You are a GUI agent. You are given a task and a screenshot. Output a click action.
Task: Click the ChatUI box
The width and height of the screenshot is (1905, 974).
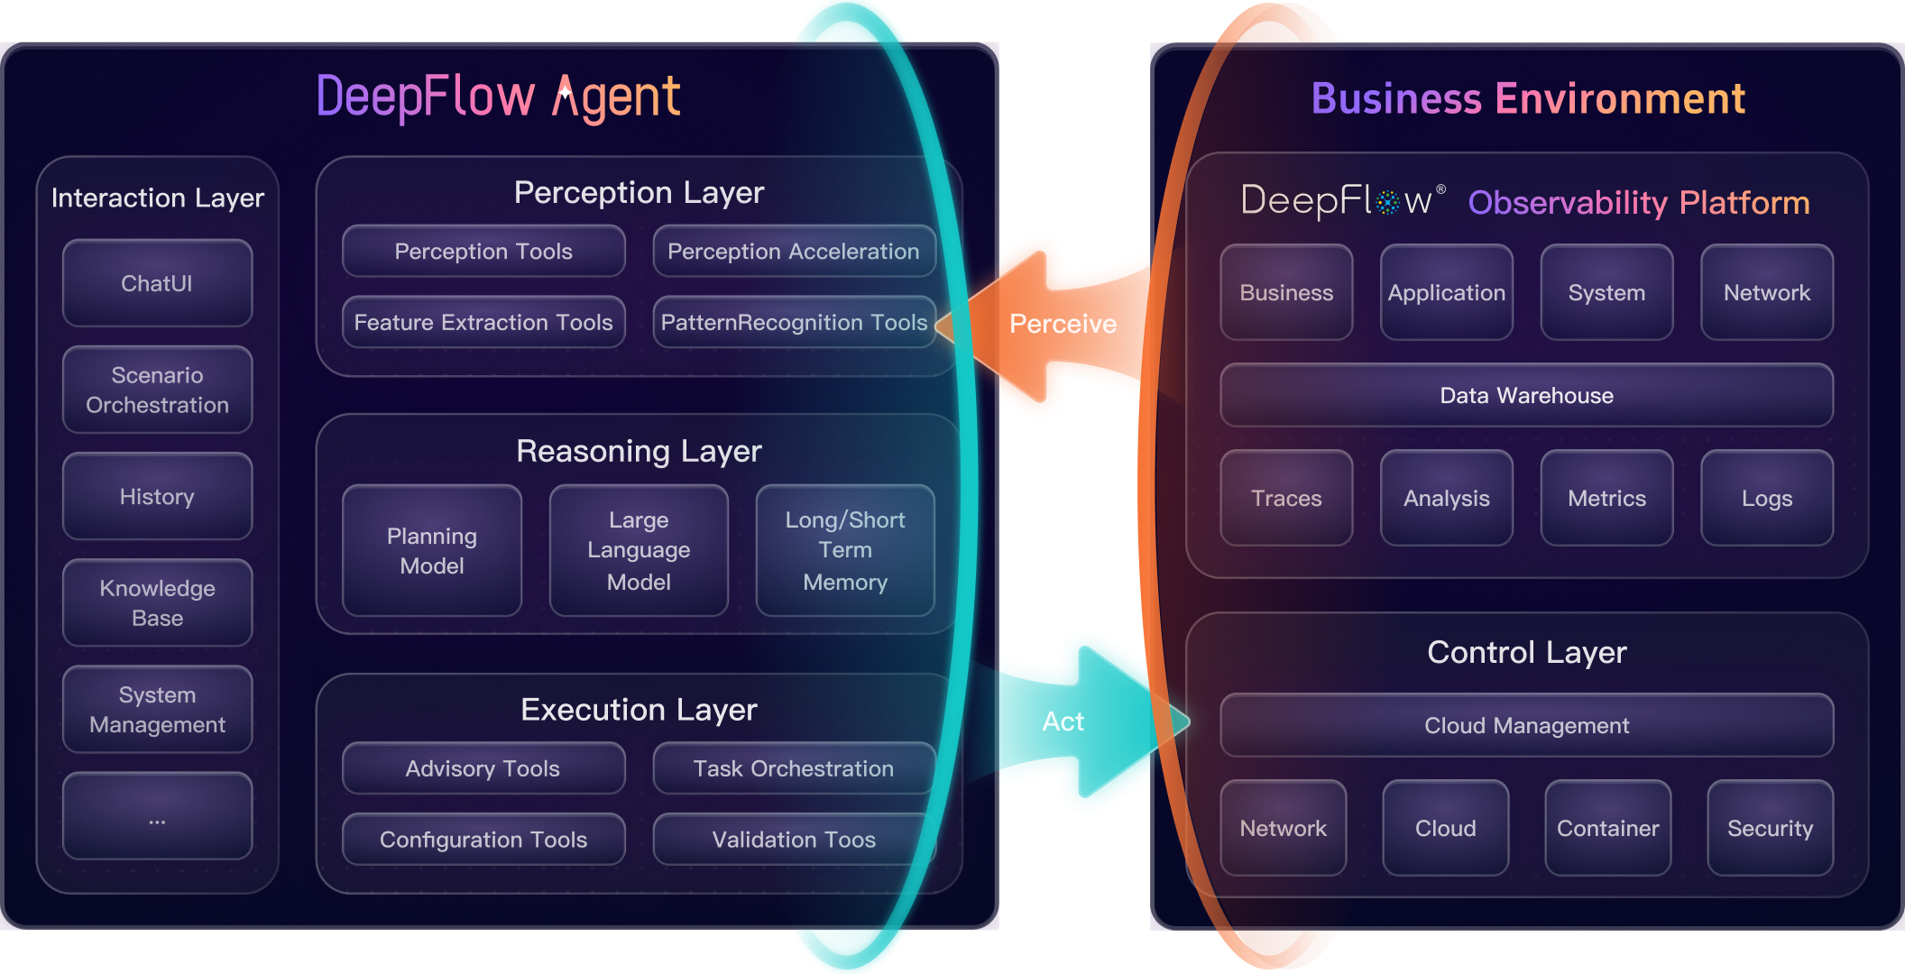click(x=157, y=283)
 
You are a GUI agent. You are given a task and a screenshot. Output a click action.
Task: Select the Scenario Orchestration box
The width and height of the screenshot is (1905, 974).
click(x=157, y=390)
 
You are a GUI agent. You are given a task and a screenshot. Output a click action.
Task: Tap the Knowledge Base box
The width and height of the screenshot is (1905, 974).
click(x=157, y=602)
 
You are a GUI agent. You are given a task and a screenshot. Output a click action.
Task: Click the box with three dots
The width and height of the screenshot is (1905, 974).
click(x=157, y=816)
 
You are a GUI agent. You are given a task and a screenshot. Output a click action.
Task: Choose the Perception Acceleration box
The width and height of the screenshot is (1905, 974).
click(x=793, y=252)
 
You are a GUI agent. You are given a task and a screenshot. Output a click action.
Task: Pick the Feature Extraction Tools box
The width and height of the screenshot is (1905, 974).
click(x=483, y=322)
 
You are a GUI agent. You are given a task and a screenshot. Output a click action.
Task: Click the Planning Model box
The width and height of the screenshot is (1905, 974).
click(x=432, y=551)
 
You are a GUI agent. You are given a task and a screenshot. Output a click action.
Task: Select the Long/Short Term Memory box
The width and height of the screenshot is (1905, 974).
click(x=845, y=551)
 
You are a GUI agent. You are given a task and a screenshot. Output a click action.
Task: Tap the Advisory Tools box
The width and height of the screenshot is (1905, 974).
click(x=483, y=768)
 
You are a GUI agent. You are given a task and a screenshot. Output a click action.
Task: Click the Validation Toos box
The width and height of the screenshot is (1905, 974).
click(x=793, y=840)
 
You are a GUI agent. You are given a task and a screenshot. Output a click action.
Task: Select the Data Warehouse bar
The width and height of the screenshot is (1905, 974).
click(x=1526, y=395)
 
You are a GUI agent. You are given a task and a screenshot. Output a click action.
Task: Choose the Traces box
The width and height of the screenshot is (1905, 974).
click(x=1286, y=498)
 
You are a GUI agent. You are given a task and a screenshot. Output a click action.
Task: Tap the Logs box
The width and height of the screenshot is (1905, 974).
click(x=1766, y=498)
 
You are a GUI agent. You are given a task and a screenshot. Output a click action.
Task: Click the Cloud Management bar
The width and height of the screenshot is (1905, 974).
click(x=1526, y=725)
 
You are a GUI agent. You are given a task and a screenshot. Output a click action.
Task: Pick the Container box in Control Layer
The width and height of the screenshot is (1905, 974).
click(x=1607, y=828)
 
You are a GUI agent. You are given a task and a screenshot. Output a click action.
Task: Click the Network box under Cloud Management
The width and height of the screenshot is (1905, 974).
click(x=1283, y=828)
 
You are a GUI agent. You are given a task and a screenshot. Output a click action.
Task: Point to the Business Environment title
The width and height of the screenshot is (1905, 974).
click(x=1528, y=98)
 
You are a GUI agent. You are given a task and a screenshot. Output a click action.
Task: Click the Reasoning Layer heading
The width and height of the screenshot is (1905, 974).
click(x=639, y=451)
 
